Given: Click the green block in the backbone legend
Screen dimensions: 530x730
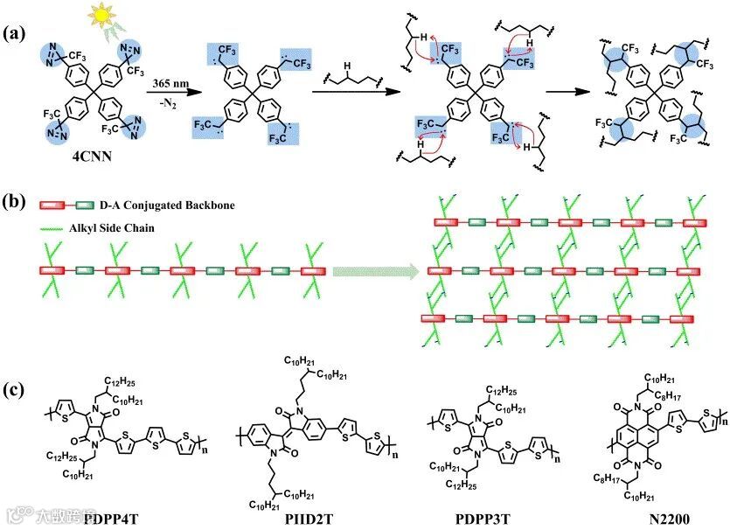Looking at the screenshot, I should click(87, 205).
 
